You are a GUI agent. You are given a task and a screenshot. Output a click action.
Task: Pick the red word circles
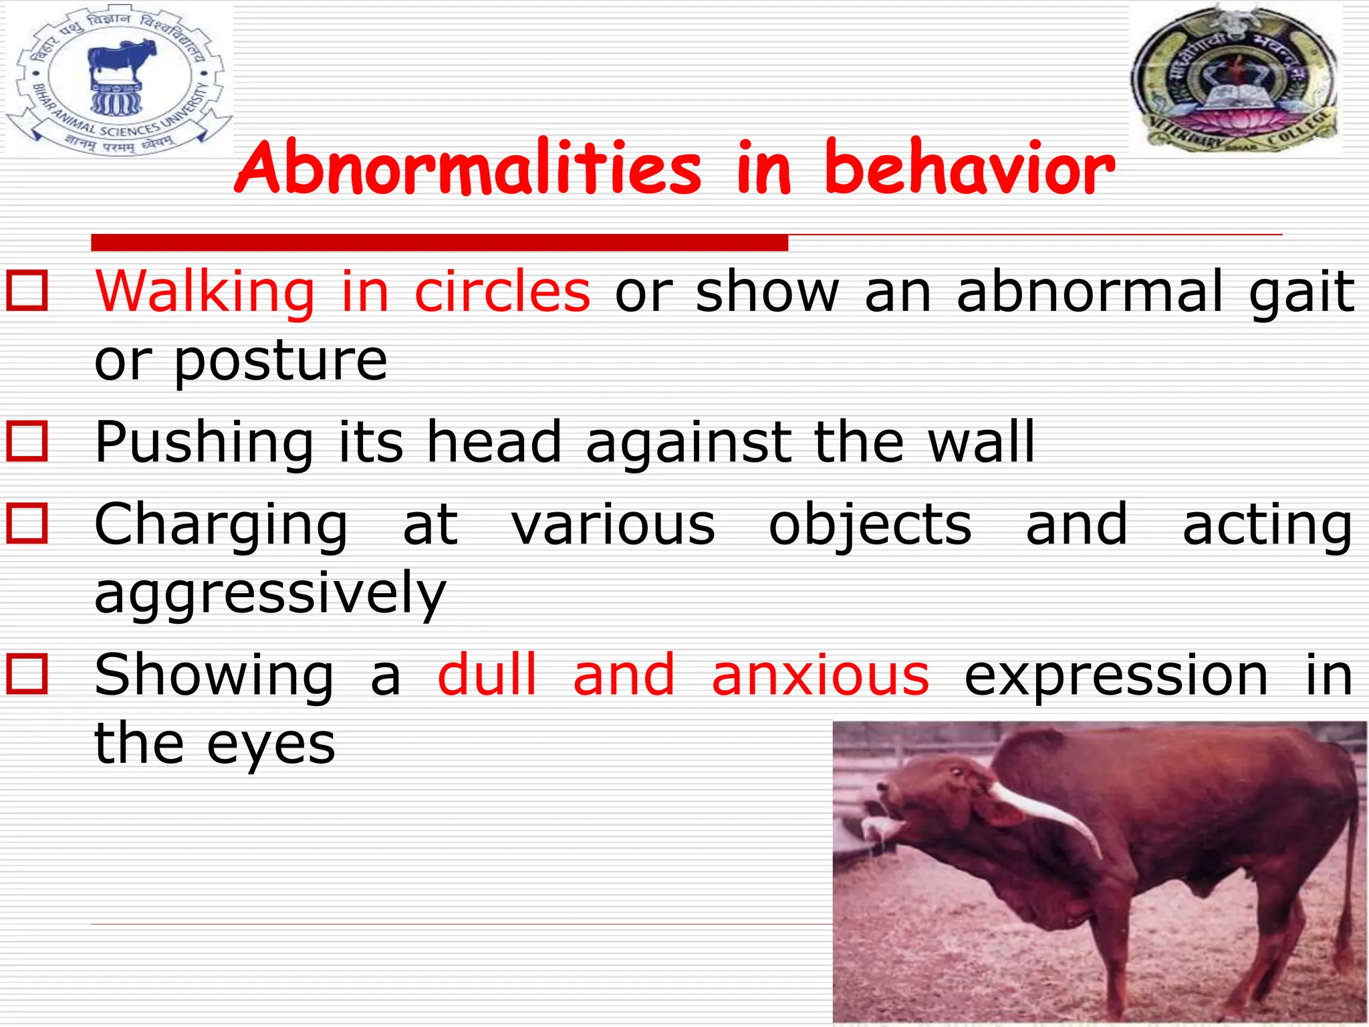click(502, 292)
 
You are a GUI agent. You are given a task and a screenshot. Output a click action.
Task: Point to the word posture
click(281, 361)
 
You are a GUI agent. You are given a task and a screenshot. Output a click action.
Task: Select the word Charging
click(221, 526)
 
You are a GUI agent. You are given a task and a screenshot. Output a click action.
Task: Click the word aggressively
click(270, 594)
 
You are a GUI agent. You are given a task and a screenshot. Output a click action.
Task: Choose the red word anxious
click(820, 675)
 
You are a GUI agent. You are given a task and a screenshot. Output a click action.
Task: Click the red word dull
click(487, 675)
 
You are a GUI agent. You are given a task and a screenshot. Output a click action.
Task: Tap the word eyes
click(271, 744)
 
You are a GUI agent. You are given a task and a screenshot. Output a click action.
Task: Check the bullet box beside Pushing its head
click(27, 441)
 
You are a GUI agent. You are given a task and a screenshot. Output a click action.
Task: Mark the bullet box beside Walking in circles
click(27, 292)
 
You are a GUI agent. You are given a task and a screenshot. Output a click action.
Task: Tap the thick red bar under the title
click(439, 243)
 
